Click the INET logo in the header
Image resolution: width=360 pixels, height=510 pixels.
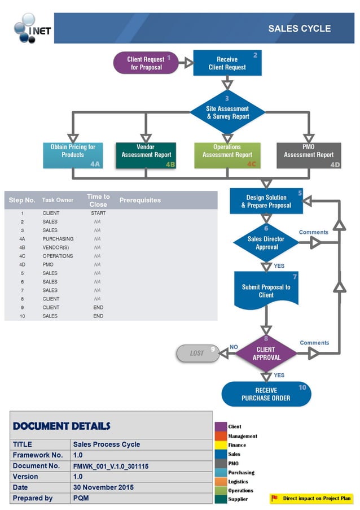33,28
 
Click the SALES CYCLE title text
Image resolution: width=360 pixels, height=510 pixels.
299,29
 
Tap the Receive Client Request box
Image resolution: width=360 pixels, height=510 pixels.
227,63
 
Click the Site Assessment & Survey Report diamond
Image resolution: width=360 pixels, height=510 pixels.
227,112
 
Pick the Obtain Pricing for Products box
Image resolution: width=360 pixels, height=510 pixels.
73,155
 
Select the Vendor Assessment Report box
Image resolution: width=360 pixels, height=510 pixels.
146,155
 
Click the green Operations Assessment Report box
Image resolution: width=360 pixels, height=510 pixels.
227,155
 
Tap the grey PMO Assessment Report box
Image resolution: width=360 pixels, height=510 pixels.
309,155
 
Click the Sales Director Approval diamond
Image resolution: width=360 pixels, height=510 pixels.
266,242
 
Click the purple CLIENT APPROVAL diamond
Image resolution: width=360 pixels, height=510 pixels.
266,354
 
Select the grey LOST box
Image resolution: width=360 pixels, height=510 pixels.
197,353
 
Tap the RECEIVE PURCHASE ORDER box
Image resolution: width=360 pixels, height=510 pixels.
266,394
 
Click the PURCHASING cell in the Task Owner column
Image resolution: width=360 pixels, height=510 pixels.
58,239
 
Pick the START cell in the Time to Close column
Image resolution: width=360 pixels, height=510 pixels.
98,213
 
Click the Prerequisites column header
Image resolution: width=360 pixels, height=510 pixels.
140,200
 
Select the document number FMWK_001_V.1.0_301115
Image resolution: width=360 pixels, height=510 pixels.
111,466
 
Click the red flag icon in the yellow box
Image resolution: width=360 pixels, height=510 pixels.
275,498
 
